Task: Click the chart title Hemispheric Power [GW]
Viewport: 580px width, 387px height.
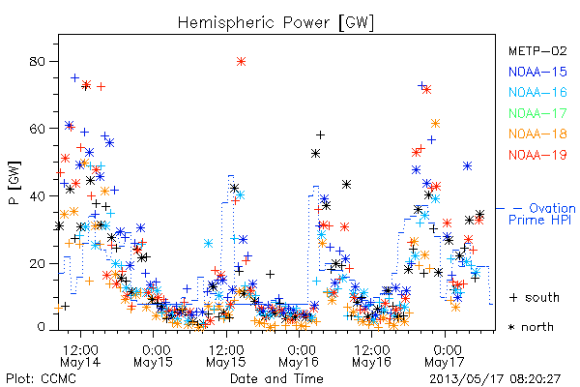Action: pos(275,23)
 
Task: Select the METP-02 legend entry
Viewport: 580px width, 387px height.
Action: pos(537,50)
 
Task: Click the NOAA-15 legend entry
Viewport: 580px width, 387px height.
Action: pos(537,72)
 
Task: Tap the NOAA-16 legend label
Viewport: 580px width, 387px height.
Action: pos(537,92)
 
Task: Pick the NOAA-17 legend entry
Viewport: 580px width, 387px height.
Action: pos(537,113)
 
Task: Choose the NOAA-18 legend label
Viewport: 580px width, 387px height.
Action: pos(537,134)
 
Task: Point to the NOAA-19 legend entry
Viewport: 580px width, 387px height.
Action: pos(537,155)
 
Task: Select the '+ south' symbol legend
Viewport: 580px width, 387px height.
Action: pos(535,297)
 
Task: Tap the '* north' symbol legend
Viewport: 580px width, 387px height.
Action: pos(531,327)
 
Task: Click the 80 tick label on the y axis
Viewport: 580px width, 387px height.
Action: pos(37,62)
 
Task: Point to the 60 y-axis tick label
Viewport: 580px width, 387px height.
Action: pos(37,129)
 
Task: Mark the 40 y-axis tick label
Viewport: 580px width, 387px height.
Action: pos(37,195)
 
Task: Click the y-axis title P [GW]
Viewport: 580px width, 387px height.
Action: pos(14,183)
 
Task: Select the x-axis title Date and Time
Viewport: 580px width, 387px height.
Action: pos(276,378)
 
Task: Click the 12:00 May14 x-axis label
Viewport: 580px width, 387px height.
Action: pos(80,356)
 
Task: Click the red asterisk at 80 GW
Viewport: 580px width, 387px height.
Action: pos(241,62)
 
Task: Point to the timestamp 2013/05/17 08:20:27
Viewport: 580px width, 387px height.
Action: pos(495,379)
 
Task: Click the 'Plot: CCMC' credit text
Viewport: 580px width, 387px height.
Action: pos(41,379)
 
